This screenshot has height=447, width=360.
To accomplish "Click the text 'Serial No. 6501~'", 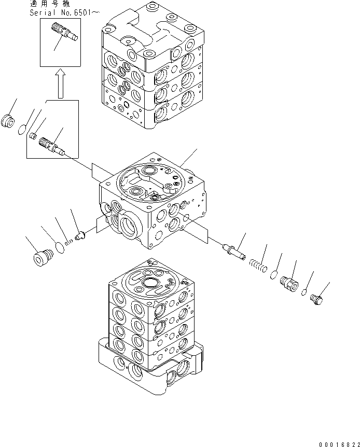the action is point(62,12).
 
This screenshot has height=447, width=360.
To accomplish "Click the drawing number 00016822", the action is point(339,444).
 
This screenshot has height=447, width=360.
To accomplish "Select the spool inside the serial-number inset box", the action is point(65,32).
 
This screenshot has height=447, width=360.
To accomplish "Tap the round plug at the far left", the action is point(8,121).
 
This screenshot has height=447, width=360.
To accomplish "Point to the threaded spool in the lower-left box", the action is point(52,146).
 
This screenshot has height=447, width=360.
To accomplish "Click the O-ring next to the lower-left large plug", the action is point(60,247).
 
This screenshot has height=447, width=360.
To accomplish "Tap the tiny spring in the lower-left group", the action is point(68,243).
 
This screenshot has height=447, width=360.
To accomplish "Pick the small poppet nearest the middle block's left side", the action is point(80,235).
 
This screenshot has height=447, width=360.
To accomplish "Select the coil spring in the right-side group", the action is point(258,265).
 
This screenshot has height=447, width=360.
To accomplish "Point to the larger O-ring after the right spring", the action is point(273,275).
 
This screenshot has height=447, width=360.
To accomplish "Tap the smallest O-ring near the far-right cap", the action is point(304,292).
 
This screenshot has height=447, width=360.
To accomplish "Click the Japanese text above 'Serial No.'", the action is point(50,4).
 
